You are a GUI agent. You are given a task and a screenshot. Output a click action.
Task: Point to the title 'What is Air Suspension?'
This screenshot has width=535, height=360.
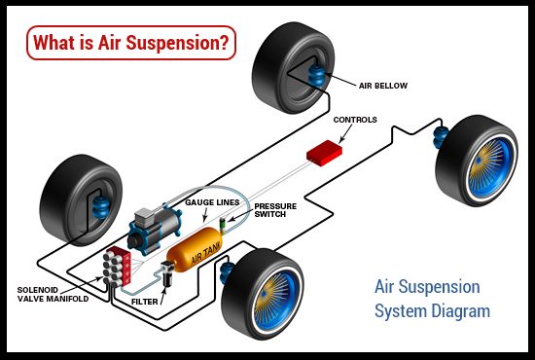[130, 44]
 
